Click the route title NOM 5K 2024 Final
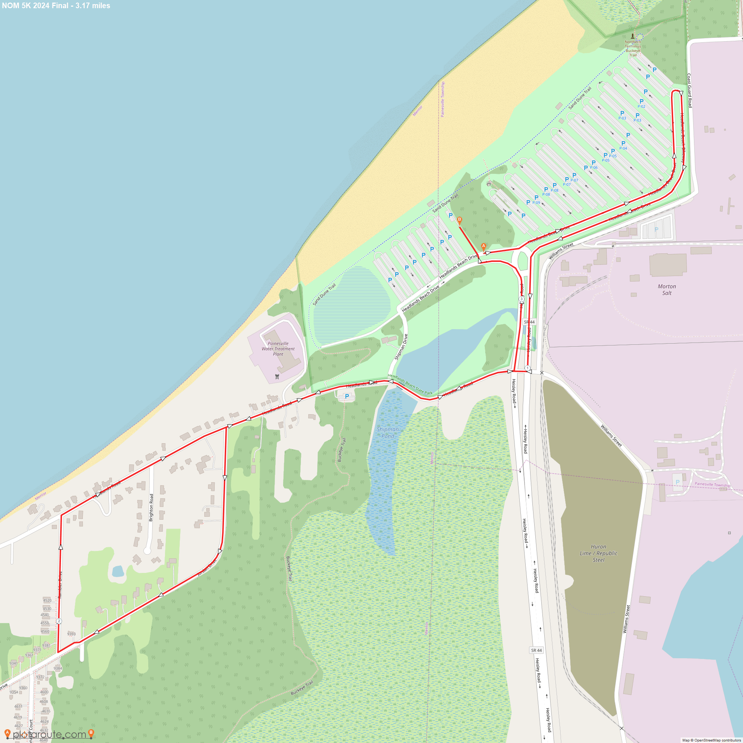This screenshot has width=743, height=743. [56, 6]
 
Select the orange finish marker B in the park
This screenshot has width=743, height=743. [459, 220]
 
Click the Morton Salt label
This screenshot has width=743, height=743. [666, 290]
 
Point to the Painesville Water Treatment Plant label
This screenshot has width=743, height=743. [278, 349]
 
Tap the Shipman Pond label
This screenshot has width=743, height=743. [387, 433]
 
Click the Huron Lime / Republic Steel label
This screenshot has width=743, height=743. [598, 553]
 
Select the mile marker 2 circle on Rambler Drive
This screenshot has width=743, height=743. [59, 621]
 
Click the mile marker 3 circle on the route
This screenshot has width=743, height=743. [522, 299]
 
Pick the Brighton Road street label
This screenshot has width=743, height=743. [151, 507]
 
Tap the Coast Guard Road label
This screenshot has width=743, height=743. [690, 90]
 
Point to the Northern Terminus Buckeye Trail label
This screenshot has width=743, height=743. [633, 48]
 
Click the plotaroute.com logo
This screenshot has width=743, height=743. [49, 734]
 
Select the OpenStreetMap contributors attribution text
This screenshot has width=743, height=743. [711, 740]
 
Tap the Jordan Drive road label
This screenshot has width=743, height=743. [207, 568]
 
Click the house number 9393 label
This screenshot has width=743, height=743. [72, 634]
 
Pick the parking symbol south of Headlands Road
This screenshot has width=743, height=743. [347, 396]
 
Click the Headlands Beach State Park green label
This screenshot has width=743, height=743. [410, 384]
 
